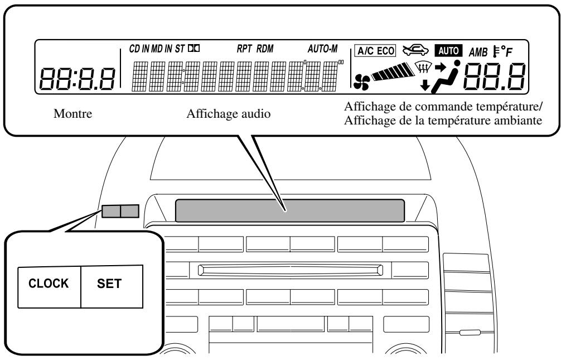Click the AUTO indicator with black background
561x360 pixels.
[x=451, y=51]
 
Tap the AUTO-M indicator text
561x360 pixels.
[x=323, y=49]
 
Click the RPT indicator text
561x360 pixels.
[x=245, y=49]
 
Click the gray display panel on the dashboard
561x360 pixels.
[x=289, y=210]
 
